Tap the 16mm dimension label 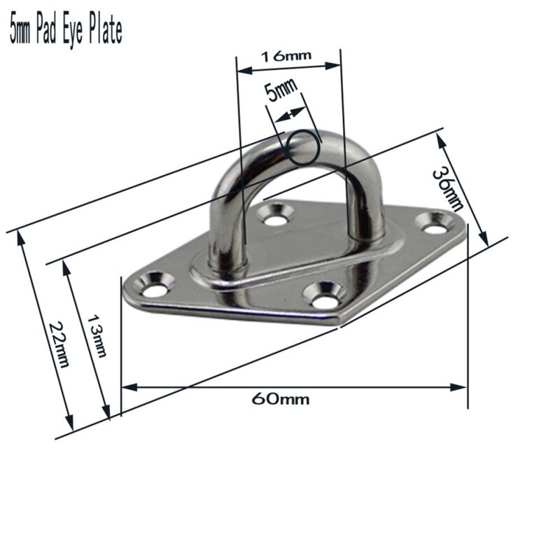pos(287,56)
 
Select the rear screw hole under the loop pos(276,216)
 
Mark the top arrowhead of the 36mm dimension pos(440,137)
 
